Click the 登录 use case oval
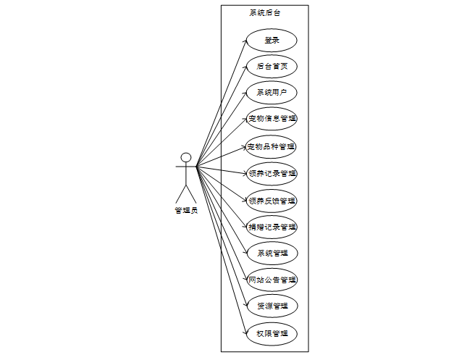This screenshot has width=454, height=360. (x=272, y=40)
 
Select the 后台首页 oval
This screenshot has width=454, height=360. (x=272, y=67)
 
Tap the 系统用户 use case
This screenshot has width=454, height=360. (x=272, y=93)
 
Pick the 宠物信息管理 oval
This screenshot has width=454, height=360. (x=272, y=119)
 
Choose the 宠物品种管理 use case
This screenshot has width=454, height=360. (x=272, y=146)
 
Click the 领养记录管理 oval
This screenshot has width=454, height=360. (x=272, y=173)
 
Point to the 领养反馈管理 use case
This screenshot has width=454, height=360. (x=272, y=200)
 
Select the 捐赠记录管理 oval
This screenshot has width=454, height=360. (x=272, y=227)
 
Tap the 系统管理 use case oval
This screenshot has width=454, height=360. (x=272, y=254)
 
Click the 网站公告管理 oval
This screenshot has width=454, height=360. (x=272, y=280)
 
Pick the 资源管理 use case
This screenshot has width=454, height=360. (x=272, y=306)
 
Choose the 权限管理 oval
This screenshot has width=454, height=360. (x=272, y=333)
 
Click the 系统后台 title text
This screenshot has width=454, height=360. (x=264, y=13)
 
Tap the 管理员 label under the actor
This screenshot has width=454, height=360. (x=186, y=211)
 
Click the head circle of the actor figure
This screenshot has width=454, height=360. (x=186, y=157)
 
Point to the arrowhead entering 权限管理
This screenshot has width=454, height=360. (x=244, y=332)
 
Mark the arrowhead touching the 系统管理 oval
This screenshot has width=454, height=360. (x=245, y=252)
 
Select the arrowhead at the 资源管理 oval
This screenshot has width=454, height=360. (x=245, y=305)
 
